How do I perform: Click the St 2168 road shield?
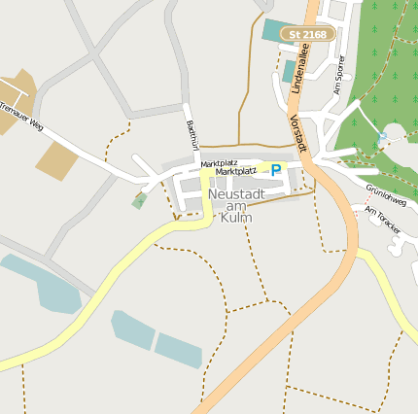pos(308,34)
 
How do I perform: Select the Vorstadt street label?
pos(298,131)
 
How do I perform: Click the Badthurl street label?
pos(192,134)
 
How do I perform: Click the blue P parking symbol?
pos(276,170)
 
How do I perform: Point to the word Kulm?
pos(235,218)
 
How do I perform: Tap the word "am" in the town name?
pos(235,206)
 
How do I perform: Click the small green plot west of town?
pos(140,200)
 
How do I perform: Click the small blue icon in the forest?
pos(382,139)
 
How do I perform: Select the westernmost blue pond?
pos(44,285)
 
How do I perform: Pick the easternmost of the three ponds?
pos(179,350)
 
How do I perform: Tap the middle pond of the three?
pos(132,330)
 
